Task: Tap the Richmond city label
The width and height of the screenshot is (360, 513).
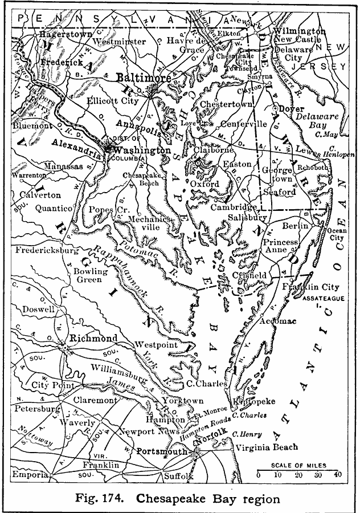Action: pyautogui.click(x=93, y=338)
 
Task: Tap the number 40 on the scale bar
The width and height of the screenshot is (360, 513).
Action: pyautogui.click(x=337, y=474)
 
